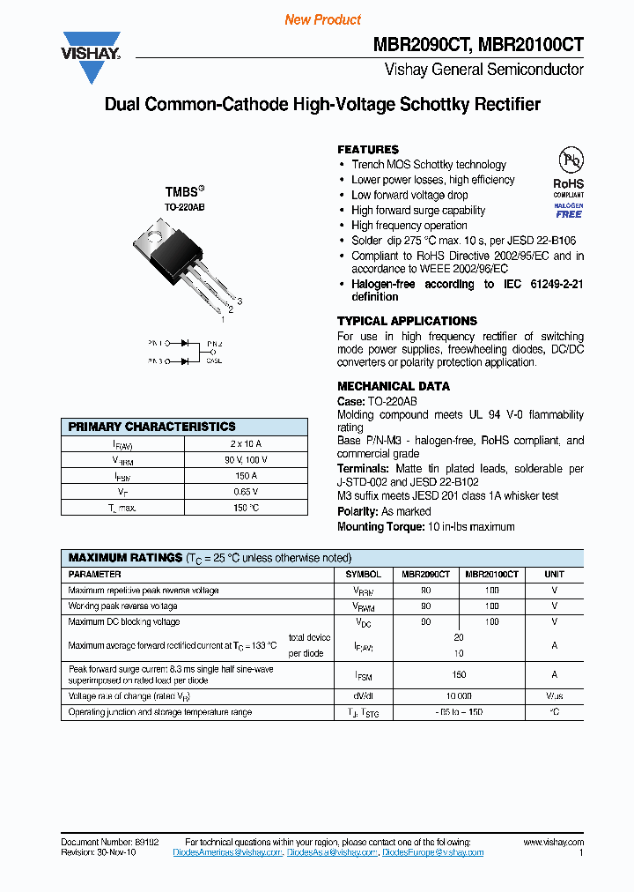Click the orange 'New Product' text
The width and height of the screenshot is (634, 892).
pos(323,19)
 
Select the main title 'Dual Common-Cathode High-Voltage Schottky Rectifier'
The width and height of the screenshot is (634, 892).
pos(322,105)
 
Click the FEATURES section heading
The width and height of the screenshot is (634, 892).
pos(368,150)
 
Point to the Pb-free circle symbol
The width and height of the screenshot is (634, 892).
pos(570,160)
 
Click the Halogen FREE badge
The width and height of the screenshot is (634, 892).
pos(568,210)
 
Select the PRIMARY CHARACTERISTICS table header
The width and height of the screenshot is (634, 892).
pos(151,427)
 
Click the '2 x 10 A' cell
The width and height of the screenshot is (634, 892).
pos(246,443)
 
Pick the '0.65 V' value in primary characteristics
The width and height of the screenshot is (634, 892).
pos(246,492)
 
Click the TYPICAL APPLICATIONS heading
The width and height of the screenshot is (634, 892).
pos(407,321)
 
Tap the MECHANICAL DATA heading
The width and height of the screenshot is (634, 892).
pos(393,386)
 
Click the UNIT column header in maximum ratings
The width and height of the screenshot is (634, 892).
pos(554,574)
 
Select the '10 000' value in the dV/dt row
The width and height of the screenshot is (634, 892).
pos(458,696)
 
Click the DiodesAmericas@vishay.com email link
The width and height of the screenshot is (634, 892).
pos(227,852)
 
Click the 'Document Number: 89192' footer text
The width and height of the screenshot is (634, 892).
pos(110,843)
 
